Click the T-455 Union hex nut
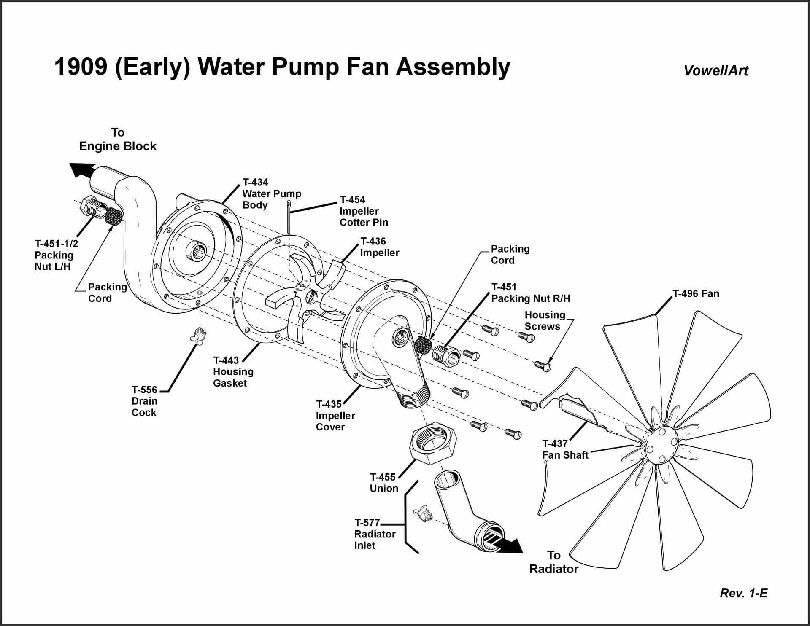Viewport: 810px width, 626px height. pos(433,445)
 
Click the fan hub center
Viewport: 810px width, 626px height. pos(661,444)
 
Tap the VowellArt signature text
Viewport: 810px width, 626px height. pos(715,70)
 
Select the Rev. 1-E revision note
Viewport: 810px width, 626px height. pos(743,593)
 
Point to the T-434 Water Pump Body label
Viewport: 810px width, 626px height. pos(271,193)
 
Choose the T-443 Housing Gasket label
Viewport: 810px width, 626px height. pos(233,371)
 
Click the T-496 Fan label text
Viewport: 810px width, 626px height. pos(696,293)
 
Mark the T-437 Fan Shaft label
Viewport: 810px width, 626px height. pos(565,449)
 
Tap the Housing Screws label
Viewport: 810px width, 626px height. pos(545,320)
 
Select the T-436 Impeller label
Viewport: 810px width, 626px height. pos(379,247)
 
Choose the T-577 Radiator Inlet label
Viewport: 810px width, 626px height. pos(375,534)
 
